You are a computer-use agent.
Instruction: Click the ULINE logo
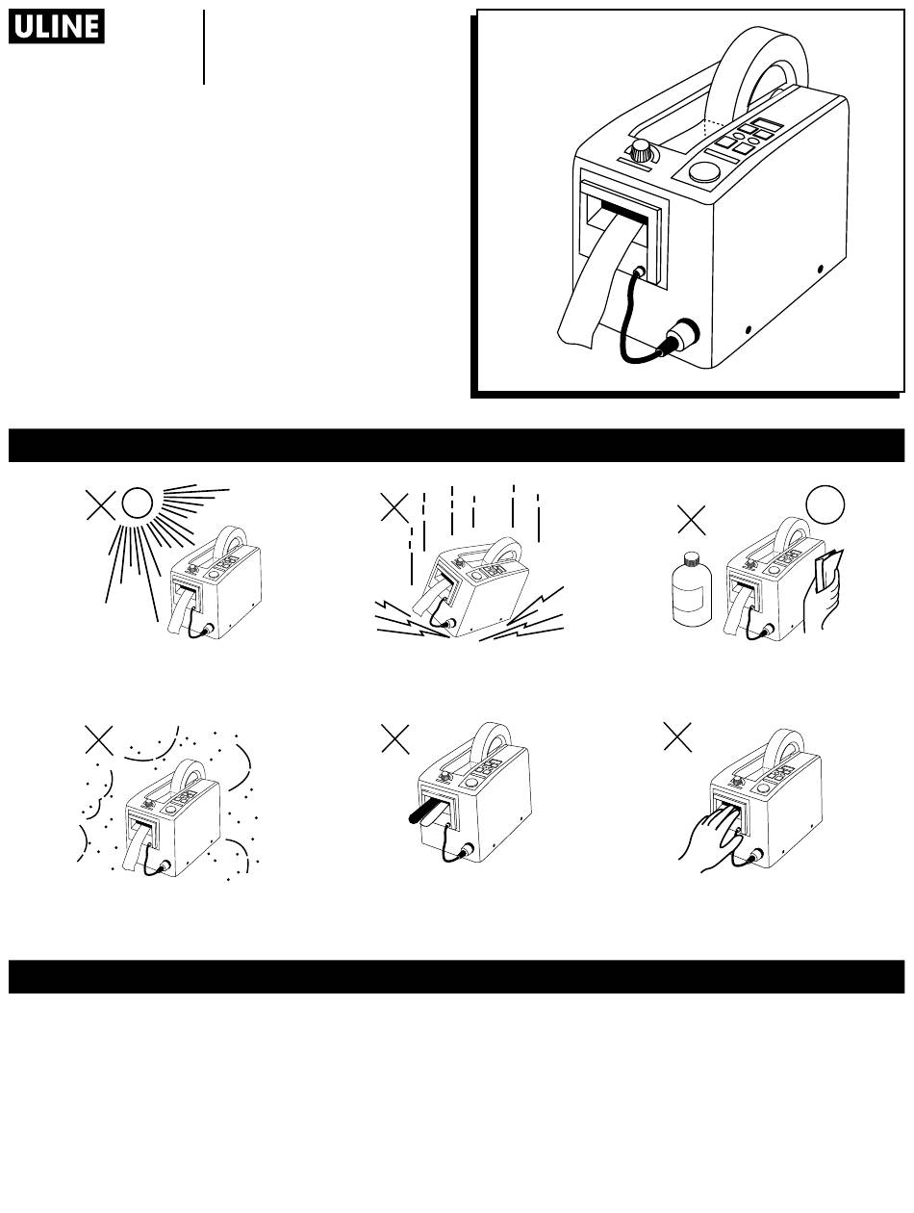pos(57,26)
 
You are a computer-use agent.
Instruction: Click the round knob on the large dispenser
pos(641,150)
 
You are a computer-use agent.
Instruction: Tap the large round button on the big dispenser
pos(704,172)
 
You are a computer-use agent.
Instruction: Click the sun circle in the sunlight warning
pos(137,503)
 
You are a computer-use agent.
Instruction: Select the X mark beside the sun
pos(100,505)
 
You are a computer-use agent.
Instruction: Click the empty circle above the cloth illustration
pos(825,504)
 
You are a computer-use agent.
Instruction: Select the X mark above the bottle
pos(692,520)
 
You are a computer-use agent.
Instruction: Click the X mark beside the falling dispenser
pos(394,508)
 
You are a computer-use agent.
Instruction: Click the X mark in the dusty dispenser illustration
pos(99,740)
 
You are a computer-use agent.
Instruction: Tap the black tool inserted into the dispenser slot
pos(424,815)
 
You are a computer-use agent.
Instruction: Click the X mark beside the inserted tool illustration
pos(395,739)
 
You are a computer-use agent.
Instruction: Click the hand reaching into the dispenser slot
pos(711,839)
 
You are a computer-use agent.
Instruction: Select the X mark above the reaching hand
pos(677,737)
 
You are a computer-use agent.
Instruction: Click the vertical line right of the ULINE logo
pos(204,47)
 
